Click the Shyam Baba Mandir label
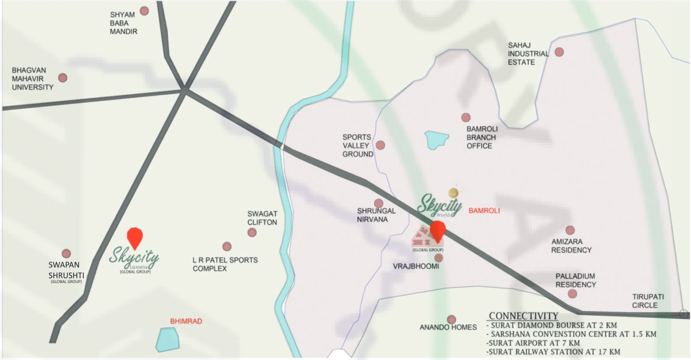(x=123, y=23)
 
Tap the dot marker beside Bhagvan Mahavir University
(x=63, y=78)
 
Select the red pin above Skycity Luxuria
(x=134, y=237)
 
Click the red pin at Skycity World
(x=437, y=231)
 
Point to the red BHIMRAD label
(x=186, y=321)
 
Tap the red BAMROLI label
(x=484, y=210)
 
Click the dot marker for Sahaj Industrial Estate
(x=559, y=52)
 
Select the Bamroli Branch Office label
(x=482, y=138)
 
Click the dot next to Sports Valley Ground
(x=380, y=145)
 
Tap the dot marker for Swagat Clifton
(x=252, y=232)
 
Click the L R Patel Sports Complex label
(x=225, y=264)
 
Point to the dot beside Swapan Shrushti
(x=66, y=254)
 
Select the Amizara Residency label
(x=572, y=246)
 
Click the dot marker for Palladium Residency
(x=572, y=294)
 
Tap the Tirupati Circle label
(x=648, y=301)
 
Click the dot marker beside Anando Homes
(x=451, y=320)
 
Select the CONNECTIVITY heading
(x=523, y=316)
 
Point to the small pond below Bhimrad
(x=167, y=340)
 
